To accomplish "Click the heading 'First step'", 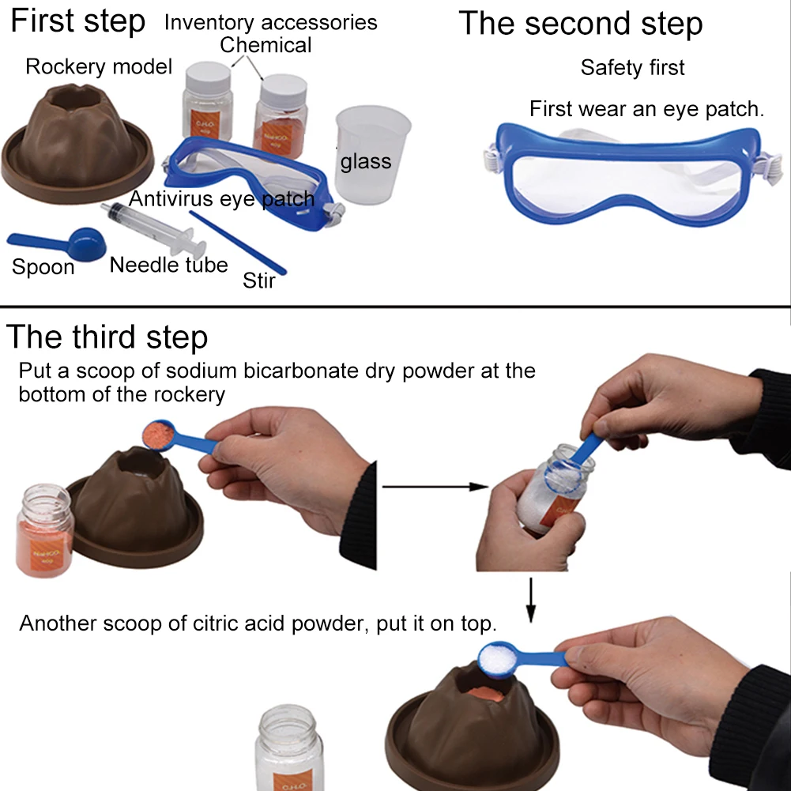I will click(77, 21).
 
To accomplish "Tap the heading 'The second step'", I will click(580, 24).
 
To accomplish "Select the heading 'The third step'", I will click(107, 337).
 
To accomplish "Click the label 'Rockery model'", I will click(99, 66).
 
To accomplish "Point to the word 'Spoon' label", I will click(43, 267).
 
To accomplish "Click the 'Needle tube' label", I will click(168, 265).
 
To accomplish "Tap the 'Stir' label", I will click(259, 280).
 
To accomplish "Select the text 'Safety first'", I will click(632, 68).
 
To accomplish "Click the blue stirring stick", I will click(238, 242).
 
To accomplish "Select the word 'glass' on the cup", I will click(365, 162).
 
